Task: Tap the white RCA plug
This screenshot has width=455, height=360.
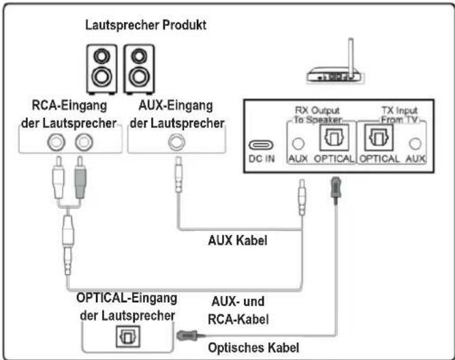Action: (x=59, y=185)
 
